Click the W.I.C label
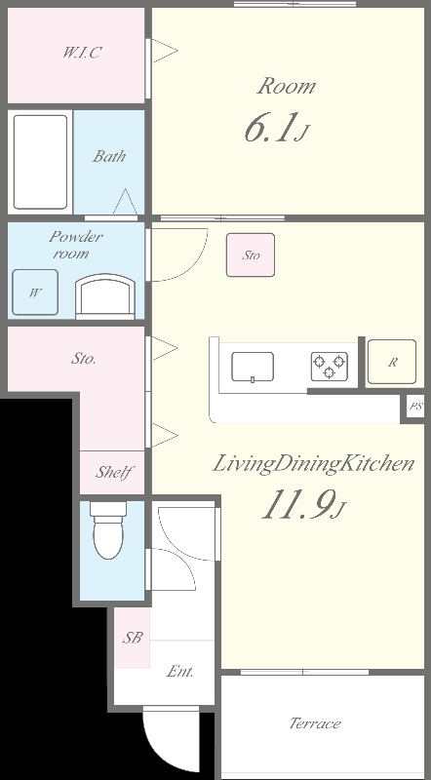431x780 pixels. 80,53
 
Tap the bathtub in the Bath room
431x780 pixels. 40,162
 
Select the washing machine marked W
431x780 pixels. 35,292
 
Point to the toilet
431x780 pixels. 108,529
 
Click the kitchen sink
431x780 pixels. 253,367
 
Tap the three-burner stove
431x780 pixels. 329,367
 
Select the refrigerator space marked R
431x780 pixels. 392,362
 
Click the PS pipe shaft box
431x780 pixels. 414,407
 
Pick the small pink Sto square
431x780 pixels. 251,254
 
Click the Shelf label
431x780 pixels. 113,472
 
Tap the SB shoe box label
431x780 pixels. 133,638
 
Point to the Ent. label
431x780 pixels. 179,672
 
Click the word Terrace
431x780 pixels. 315,722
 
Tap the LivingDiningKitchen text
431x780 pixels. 314,465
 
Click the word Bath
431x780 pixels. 109,156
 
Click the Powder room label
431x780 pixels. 75,245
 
